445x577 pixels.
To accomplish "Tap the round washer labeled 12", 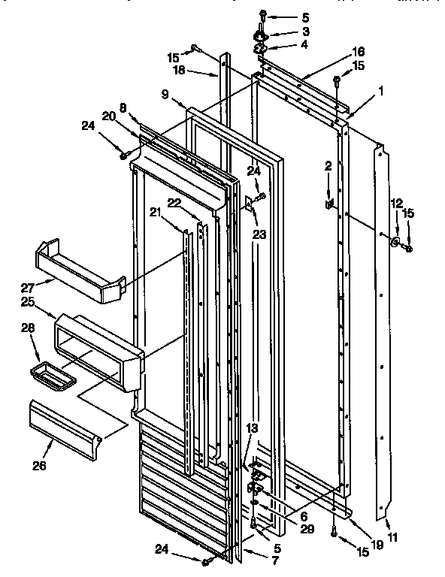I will pyautogui.click(x=394, y=241).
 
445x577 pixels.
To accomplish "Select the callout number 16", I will pyautogui.click(x=358, y=51).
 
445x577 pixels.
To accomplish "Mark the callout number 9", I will pyautogui.click(x=165, y=96).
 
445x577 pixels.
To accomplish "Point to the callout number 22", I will pyautogui.click(x=174, y=203).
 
